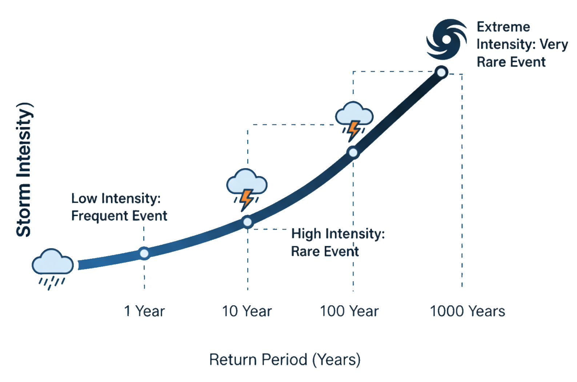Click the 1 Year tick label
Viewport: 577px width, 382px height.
[144, 311]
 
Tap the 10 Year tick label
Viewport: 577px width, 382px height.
[247, 311]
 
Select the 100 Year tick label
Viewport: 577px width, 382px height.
[349, 311]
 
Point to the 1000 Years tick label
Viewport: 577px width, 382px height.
[468, 311]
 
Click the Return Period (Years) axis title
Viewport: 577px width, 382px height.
[285, 359]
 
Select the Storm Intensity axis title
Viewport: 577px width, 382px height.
[24, 170]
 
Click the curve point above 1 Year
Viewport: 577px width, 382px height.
[144, 253]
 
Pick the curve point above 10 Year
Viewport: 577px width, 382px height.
[247, 222]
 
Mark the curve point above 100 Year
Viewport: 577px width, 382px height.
[353, 152]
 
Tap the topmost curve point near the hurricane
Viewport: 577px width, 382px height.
[441, 72]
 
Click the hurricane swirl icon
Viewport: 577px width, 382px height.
[447, 39]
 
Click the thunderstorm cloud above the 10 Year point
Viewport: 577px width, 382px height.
[247, 184]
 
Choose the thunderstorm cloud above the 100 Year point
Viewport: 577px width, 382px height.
[354, 115]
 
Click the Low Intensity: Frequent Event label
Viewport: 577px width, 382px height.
[119, 207]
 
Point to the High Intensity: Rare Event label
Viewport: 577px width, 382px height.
[338, 242]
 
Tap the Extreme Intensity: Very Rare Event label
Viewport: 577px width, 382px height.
[522, 44]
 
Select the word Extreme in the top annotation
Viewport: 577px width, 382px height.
[503, 27]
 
